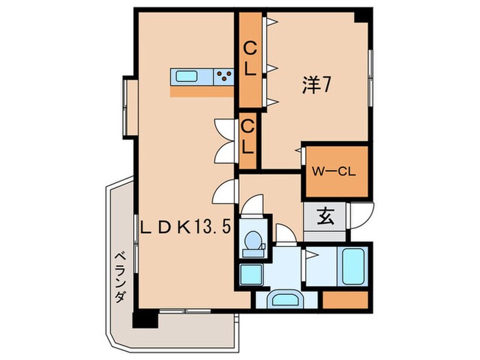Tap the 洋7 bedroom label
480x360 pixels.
[317, 84]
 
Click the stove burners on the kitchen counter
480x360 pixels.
[223, 77]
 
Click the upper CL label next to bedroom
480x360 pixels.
[250, 58]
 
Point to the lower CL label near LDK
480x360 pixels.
[248, 136]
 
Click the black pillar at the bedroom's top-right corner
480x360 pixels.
[365, 15]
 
